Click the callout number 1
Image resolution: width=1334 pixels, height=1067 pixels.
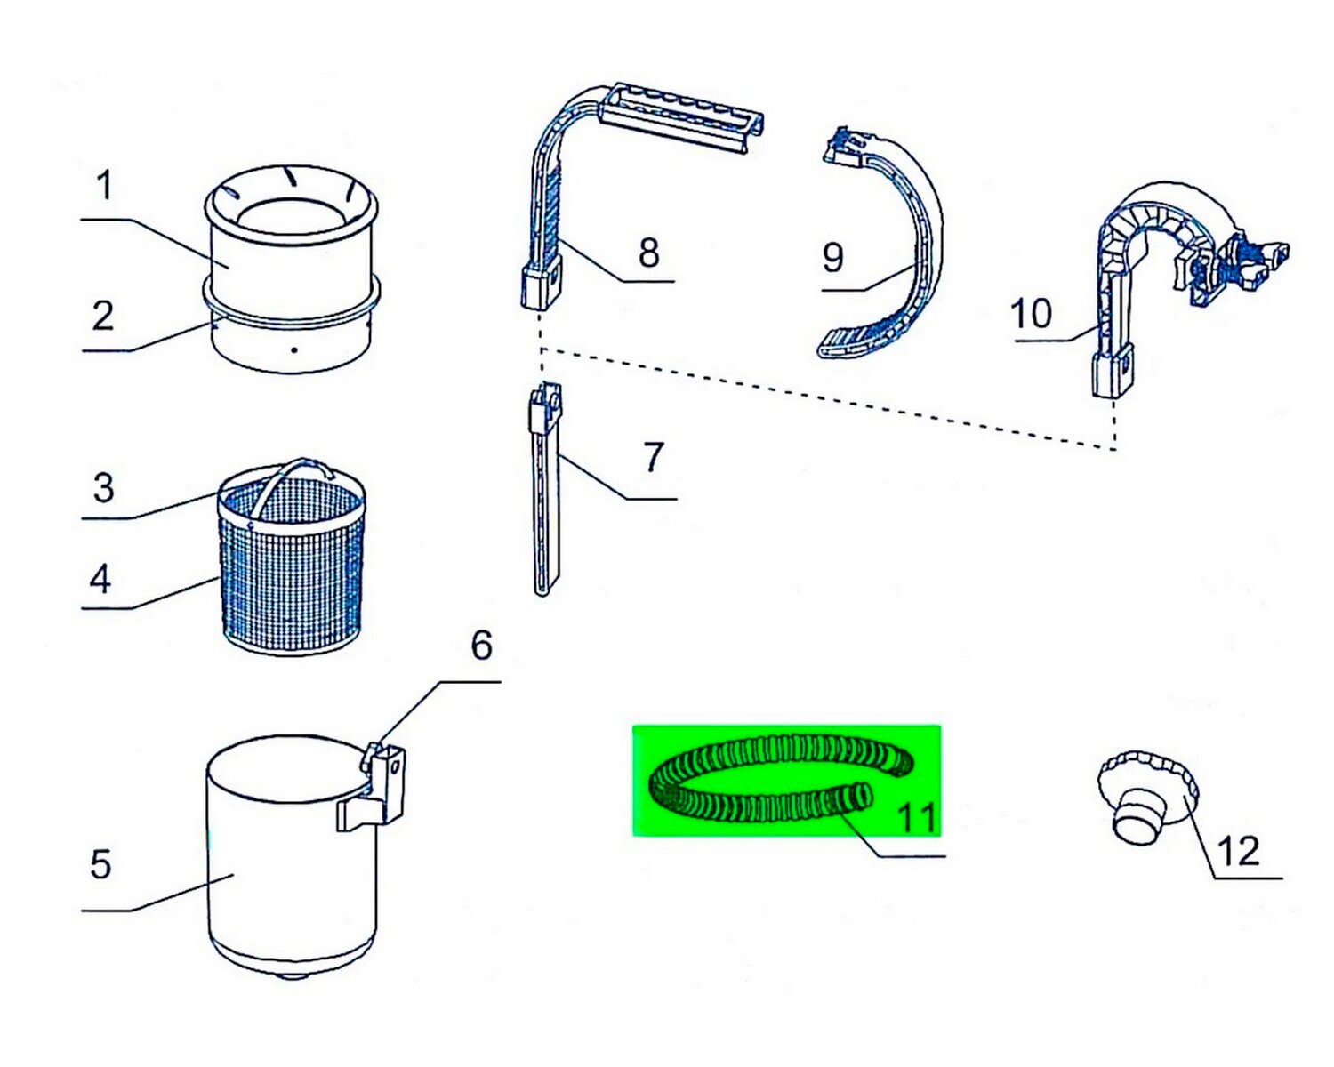105,187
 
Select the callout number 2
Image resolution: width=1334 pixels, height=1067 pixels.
103,317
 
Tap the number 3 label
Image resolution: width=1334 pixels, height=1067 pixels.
104,488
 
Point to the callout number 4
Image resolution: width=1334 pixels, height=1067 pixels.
100,580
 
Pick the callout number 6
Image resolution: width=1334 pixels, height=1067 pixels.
481,646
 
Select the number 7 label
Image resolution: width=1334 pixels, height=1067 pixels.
654,458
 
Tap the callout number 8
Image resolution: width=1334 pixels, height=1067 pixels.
649,253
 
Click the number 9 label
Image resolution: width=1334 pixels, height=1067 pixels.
832,258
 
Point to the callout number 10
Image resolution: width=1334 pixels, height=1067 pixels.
1032,314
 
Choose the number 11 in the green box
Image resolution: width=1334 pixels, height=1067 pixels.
917,816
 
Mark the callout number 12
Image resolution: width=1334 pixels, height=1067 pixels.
1238,852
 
